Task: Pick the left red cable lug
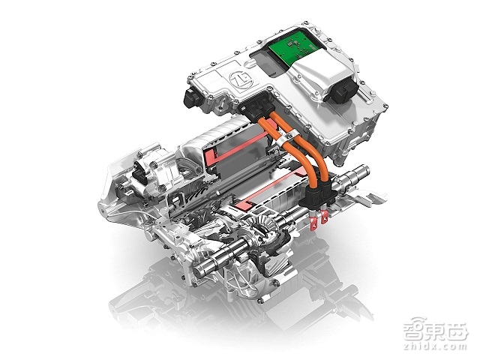[313, 221]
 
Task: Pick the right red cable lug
[324, 216]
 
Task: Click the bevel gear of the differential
[264, 223]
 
